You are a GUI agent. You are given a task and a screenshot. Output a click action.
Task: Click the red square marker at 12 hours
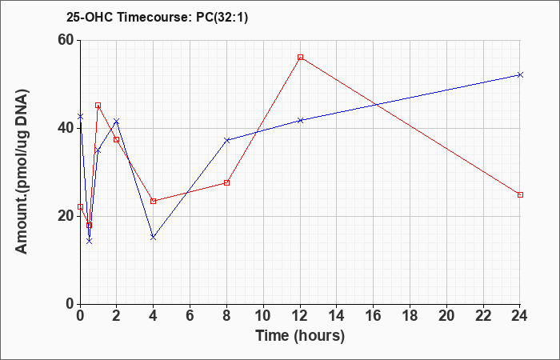coord(300,57)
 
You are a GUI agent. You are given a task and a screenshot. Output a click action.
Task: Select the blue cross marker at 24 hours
coord(520,74)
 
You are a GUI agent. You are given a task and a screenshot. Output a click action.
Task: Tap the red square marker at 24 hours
coord(520,194)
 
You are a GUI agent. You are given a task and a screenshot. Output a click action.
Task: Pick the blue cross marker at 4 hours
coord(154,237)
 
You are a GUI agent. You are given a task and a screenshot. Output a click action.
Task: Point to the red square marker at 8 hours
coord(226,183)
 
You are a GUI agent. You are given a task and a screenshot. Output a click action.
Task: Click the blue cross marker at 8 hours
coord(226,140)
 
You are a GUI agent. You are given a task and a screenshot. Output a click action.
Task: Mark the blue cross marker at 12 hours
coord(300,120)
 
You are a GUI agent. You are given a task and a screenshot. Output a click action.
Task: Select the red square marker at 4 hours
coord(154,201)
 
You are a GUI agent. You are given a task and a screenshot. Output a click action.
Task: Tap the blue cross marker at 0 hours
coord(80,117)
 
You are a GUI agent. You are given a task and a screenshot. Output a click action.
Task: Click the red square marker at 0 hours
coord(80,206)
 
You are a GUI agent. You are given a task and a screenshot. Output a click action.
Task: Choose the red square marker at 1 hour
coord(98,106)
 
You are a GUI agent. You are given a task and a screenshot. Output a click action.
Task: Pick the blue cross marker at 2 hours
coord(117,122)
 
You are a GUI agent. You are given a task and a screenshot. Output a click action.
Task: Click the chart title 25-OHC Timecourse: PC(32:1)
coord(157,18)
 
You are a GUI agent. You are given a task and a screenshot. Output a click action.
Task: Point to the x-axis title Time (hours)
coord(300,336)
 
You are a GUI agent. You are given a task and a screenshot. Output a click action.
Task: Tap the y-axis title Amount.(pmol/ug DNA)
coord(22,172)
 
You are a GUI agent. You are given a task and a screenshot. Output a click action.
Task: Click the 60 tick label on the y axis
coord(66,40)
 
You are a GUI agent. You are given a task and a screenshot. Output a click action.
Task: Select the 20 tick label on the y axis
coord(66,217)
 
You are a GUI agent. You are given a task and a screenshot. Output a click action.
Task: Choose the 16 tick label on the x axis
coord(374,316)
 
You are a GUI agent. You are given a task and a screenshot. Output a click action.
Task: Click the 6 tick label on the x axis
coord(190,316)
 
